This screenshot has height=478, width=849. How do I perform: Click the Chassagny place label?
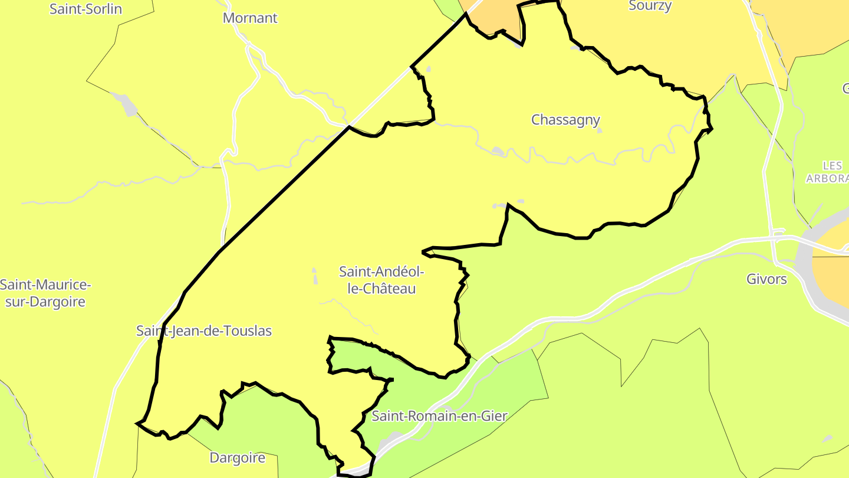point(565,120)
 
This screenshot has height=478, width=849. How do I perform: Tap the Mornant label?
point(250,18)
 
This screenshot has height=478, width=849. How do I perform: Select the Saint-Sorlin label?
point(86,9)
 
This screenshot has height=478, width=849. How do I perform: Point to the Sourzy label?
point(650,6)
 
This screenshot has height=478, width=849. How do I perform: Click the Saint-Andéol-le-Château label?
point(381,280)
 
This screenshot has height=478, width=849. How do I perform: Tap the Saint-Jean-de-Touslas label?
point(204,330)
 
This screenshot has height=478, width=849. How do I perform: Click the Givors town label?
point(766,279)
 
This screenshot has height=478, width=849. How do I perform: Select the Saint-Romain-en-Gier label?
point(439,416)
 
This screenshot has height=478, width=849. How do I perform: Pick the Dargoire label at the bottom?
point(238,458)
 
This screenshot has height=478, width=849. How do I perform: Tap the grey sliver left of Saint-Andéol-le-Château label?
point(314,276)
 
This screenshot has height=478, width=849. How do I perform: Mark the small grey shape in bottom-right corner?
point(827,438)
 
